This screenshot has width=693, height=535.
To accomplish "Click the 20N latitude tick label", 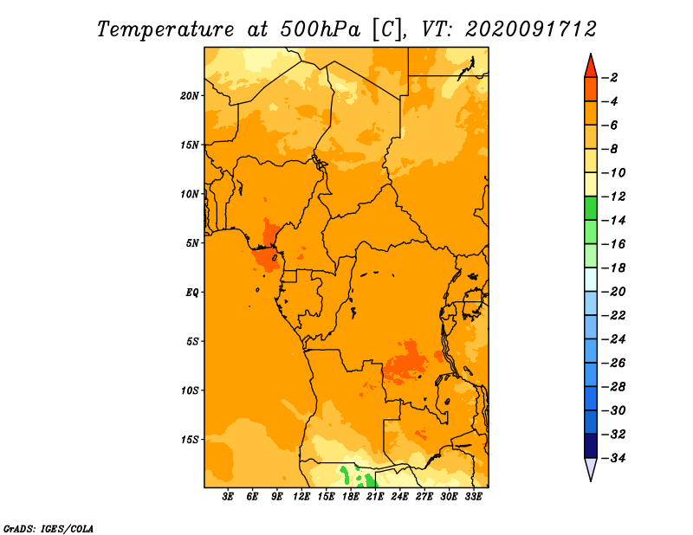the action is [190, 96].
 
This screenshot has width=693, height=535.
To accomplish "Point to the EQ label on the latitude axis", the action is [191, 293].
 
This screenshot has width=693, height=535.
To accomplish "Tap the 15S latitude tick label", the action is [190, 440].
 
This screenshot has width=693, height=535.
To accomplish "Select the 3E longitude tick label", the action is [228, 496].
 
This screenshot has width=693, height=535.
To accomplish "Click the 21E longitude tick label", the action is [375, 496].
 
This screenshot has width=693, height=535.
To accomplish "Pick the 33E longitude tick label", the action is [473, 496].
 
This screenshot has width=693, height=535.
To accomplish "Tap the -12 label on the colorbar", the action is [613, 197].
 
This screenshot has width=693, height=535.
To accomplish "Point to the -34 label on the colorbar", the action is [613, 458].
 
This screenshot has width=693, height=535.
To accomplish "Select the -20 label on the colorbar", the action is [613, 292].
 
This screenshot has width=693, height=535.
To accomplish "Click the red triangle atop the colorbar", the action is [591, 67].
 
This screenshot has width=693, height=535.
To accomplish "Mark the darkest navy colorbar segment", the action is [591, 446].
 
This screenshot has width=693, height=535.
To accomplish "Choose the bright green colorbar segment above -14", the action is [591, 209].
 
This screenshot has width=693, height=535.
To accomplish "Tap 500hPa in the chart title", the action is [320, 29].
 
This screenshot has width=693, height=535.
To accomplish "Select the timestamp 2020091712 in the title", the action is [531, 29].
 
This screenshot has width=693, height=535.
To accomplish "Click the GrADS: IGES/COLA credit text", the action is [49, 529].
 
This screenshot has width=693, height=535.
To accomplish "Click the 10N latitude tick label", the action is [190, 194].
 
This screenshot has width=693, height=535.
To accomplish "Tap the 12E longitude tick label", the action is [301, 496].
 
